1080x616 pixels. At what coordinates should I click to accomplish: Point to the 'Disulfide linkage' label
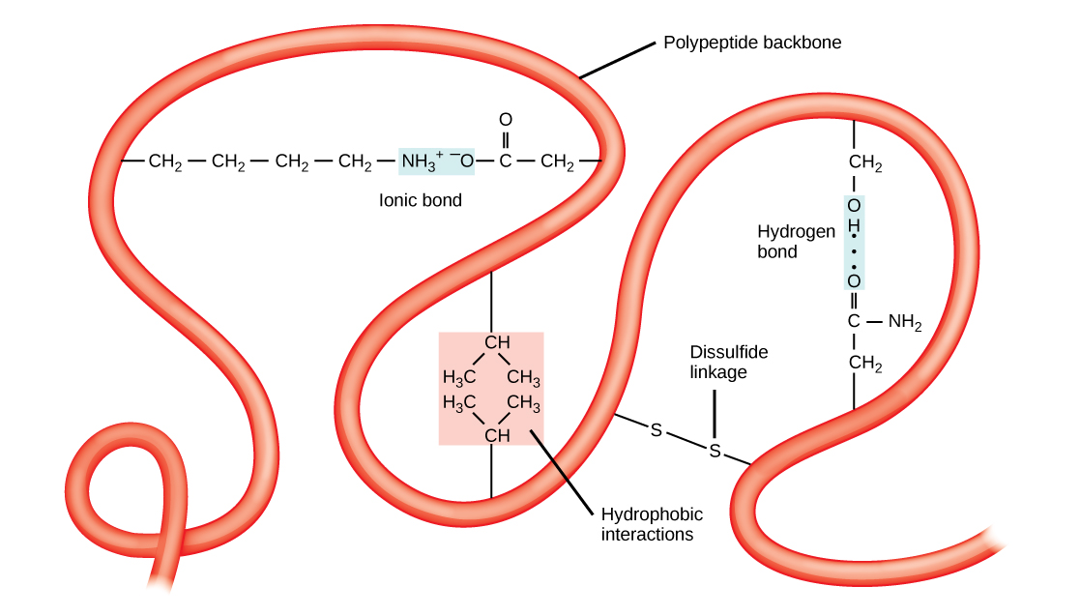tap(717, 362)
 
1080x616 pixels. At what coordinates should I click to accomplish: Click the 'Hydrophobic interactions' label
tap(652, 523)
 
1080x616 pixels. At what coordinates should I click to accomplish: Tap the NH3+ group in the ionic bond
tap(422, 161)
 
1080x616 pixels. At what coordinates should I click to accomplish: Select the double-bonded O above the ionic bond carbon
tap(504, 120)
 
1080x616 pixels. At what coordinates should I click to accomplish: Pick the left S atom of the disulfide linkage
tap(657, 430)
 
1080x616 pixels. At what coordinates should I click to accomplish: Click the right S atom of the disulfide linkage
tap(715, 451)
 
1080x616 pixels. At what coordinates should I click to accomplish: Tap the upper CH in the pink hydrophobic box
tap(497, 342)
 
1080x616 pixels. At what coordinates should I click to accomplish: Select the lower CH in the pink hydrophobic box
tap(497, 435)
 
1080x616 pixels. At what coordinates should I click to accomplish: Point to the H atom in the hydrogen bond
tap(854, 228)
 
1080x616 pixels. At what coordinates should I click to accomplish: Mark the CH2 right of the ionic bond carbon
tap(558, 161)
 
